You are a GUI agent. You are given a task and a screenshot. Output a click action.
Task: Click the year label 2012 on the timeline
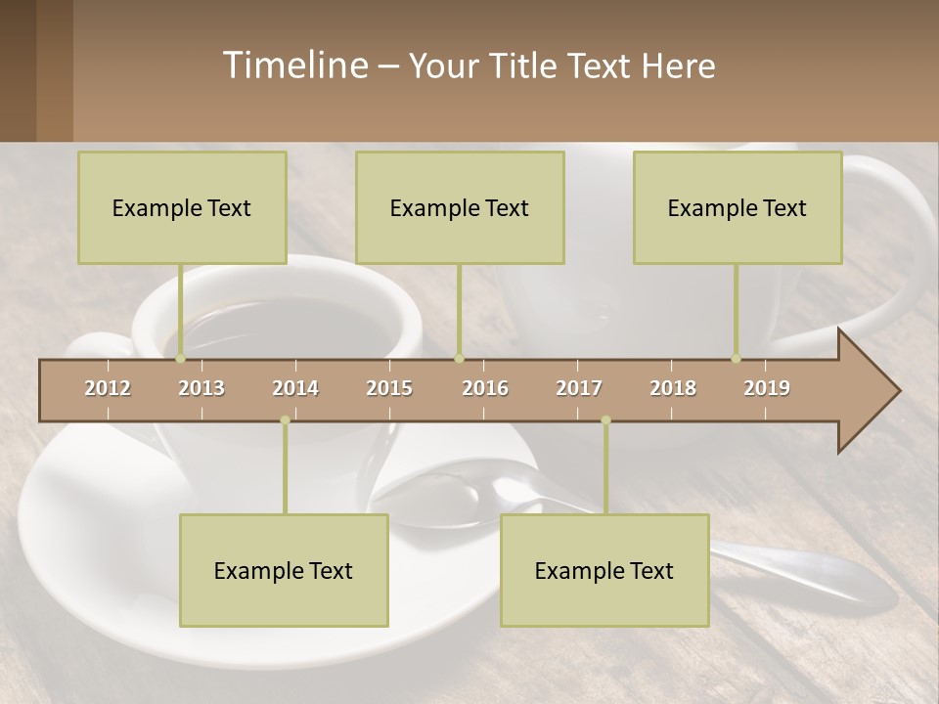click(108, 388)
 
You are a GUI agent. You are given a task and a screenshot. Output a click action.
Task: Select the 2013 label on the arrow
click(201, 388)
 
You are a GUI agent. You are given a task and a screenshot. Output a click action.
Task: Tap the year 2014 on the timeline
click(295, 388)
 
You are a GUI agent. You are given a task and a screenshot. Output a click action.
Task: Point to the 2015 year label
click(389, 388)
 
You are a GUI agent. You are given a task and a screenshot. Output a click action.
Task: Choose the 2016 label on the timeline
click(485, 388)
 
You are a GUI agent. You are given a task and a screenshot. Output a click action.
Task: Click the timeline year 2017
click(579, 388)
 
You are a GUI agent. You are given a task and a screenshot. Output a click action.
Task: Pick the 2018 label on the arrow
click(673, 388)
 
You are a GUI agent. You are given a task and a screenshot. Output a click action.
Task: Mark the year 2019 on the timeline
click(767, 388)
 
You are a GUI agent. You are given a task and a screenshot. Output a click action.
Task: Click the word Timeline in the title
click(293, 66)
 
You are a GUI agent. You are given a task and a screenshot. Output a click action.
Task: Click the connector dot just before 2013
click(180, 359)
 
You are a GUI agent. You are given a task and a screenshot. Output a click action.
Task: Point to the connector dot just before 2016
click(459, 359)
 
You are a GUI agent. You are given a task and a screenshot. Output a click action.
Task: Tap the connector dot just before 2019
click(737, 359)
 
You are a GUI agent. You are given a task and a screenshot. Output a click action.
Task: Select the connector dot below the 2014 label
click(285, 420)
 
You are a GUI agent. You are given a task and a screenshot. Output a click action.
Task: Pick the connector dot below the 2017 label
click(605, 420)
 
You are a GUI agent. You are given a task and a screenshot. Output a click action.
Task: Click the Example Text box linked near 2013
click(182, 207)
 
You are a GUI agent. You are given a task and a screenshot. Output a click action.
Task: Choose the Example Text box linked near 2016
click(460, 207)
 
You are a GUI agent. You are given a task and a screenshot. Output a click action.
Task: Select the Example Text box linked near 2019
click(738, 207)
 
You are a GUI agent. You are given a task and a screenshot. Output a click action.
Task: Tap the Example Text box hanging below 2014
click(284, 570)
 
